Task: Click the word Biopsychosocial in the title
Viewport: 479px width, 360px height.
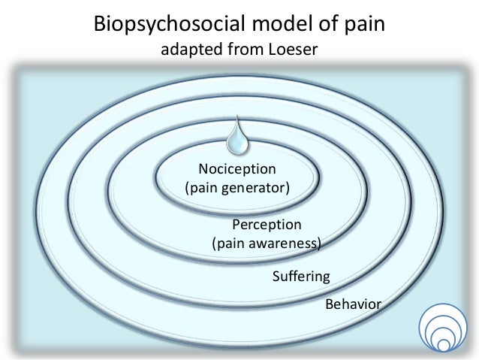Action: tap(158, 24)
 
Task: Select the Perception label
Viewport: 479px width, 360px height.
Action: tap(267, 225)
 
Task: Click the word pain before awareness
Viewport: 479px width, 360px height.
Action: tap(230, 243)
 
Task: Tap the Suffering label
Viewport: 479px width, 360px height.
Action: tap(300, 277)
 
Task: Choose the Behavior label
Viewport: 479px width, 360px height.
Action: tap(353, 304)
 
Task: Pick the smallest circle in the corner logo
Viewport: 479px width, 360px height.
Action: tap(443, 345)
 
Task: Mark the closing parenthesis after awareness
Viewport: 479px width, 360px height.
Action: tap(319, 243)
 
